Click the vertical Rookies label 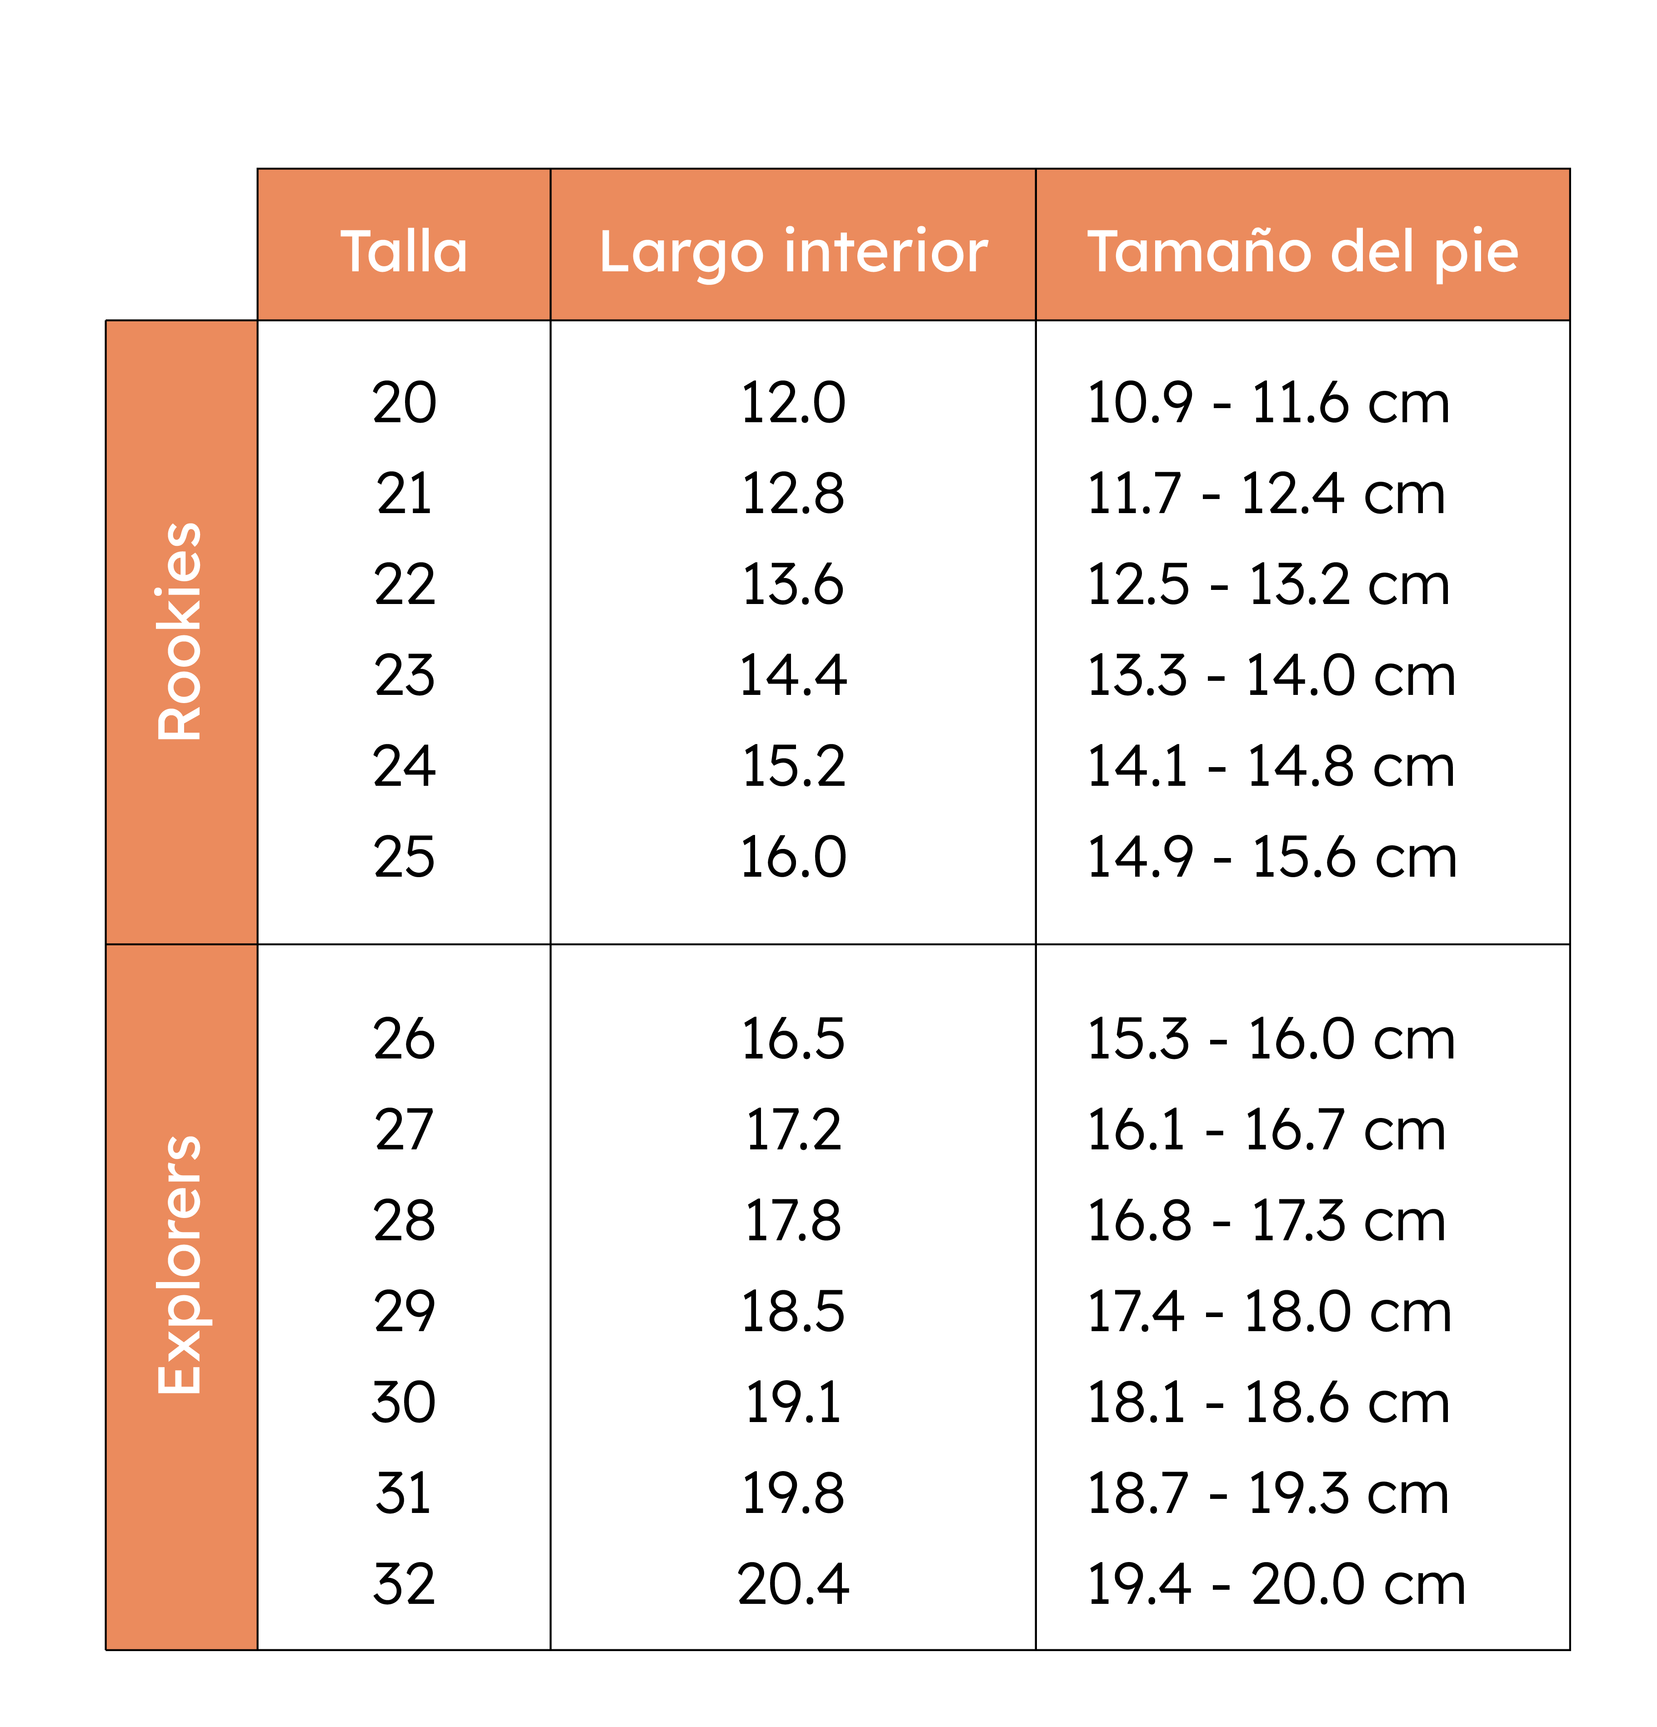(180, 631)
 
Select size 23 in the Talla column (405, 676)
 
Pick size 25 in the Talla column (405, 857)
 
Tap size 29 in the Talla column (405, 1312)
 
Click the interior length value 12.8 (793, 494)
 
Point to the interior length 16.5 (793, 1039)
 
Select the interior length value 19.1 (793, 1403)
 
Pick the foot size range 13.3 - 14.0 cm (1271, 676)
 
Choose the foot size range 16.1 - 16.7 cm (1267, 1130)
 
